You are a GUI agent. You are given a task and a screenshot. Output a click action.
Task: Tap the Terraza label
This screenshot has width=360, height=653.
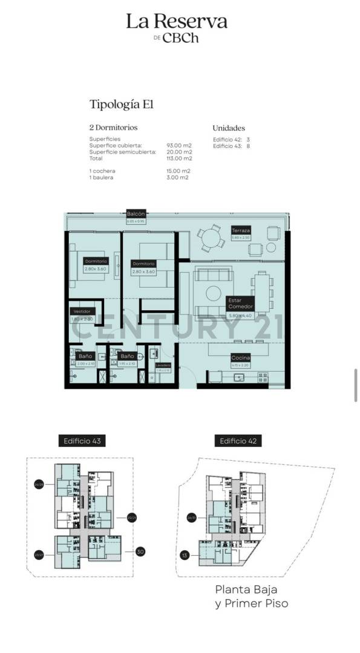pyautogui.click(x=240, y=231)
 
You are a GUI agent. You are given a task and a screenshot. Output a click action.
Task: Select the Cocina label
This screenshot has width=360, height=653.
pyautogui.click(x=240, y=359)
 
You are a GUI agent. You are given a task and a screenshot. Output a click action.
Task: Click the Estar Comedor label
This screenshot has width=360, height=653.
pyautogui.click(x=240, y=303)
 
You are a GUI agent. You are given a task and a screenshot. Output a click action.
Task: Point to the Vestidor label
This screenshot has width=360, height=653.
pyautogui.click(x=82, y=311)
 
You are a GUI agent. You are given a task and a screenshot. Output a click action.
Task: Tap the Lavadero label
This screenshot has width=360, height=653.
pyautogui.click(x=163, y=366)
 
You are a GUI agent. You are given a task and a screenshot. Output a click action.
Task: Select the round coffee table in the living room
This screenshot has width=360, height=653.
pyautogui.click(x=213, y=293)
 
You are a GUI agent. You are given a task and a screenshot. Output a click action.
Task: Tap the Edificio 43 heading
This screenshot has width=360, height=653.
pyautogui.click(x=82, y=441)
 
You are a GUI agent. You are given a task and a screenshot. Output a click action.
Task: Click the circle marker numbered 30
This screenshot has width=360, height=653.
pyautogui.click(x=140, y=551)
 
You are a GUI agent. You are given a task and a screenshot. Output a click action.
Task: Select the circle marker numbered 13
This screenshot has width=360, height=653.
pyautogui.click(x=184, y=555)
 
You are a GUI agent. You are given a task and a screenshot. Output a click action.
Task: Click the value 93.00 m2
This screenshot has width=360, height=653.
pyautogui.click(x=178, y=146)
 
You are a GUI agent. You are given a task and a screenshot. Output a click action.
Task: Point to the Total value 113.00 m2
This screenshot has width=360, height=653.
pyautogui.click(x=178, y=158)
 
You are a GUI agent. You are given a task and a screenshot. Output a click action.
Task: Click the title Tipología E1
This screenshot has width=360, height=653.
pyautogui.click(x=121, y=104)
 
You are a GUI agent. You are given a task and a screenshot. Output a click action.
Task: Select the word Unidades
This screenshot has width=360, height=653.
pyautogui.click(x=229, y=128)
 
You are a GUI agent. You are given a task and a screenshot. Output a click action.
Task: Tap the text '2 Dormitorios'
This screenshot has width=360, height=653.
pyautogui.click(x=113, y=128)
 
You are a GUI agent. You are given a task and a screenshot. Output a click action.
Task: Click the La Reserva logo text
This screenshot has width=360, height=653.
pyautogui.click(x=177, y=22)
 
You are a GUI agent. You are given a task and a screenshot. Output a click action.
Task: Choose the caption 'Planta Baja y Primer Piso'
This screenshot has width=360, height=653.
pyautogui.click(x=252, y=596)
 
